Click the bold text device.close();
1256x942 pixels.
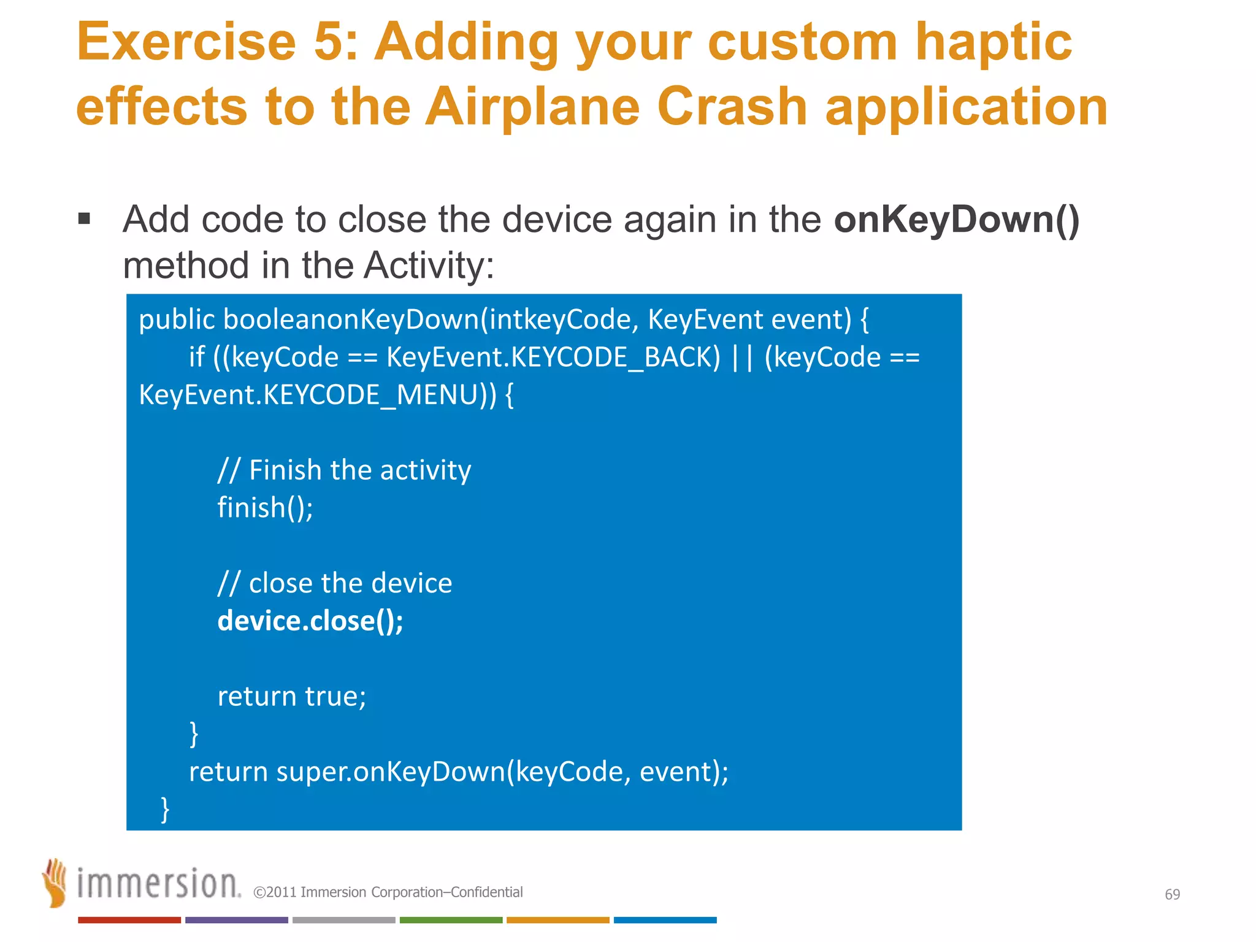click(x=310, y=621)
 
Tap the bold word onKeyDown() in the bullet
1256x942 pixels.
click(x=956, y=220)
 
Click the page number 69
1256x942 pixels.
click(x=1172, y=894)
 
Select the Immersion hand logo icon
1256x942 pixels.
click(x=55, y=883)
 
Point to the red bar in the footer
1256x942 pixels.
click(x=129, y=920)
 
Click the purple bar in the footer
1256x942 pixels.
click(x=236, y=920)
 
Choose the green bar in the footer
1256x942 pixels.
click(x=451, y=920)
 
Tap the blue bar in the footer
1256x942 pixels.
click(x=665, y=920)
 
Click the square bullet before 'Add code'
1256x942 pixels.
click(x=85, y=219)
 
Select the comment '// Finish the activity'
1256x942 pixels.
click(x=344, y=470)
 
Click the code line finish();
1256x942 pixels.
click(x=265, y=508)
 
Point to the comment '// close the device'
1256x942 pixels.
click(x=335, y=583)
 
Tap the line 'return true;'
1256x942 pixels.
click(x=292, y=696)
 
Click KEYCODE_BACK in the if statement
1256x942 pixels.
click(x=615, y=358)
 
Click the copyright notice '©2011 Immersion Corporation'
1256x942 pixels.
click(x=388, y=892)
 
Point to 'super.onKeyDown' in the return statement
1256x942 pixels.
click(x=390, y=772)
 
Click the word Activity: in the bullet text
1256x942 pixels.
click(x=429, y=266)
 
